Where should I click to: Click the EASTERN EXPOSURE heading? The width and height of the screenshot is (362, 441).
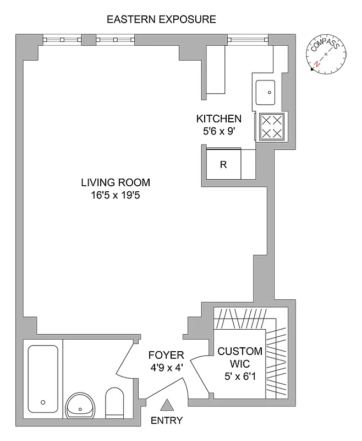click(161, 20)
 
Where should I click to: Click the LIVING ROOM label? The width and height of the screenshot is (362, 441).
click(115, 182)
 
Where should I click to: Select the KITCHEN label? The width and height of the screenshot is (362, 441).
click(219, 119)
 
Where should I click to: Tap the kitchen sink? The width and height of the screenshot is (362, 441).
click(265, 92)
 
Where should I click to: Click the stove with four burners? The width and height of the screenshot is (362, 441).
click(270, 126)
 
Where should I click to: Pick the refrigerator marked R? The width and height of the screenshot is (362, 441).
click(223, 164)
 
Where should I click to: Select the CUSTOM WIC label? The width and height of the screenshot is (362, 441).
click(240, 357)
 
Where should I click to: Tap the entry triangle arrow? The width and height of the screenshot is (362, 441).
click(167, 406)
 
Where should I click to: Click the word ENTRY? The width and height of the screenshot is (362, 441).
click(167, 421)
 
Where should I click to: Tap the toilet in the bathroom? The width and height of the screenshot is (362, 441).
click(116, 403)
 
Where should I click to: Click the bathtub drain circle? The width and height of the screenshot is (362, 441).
click(43, 402)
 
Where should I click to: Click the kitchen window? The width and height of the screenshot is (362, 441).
click(248, 40)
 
